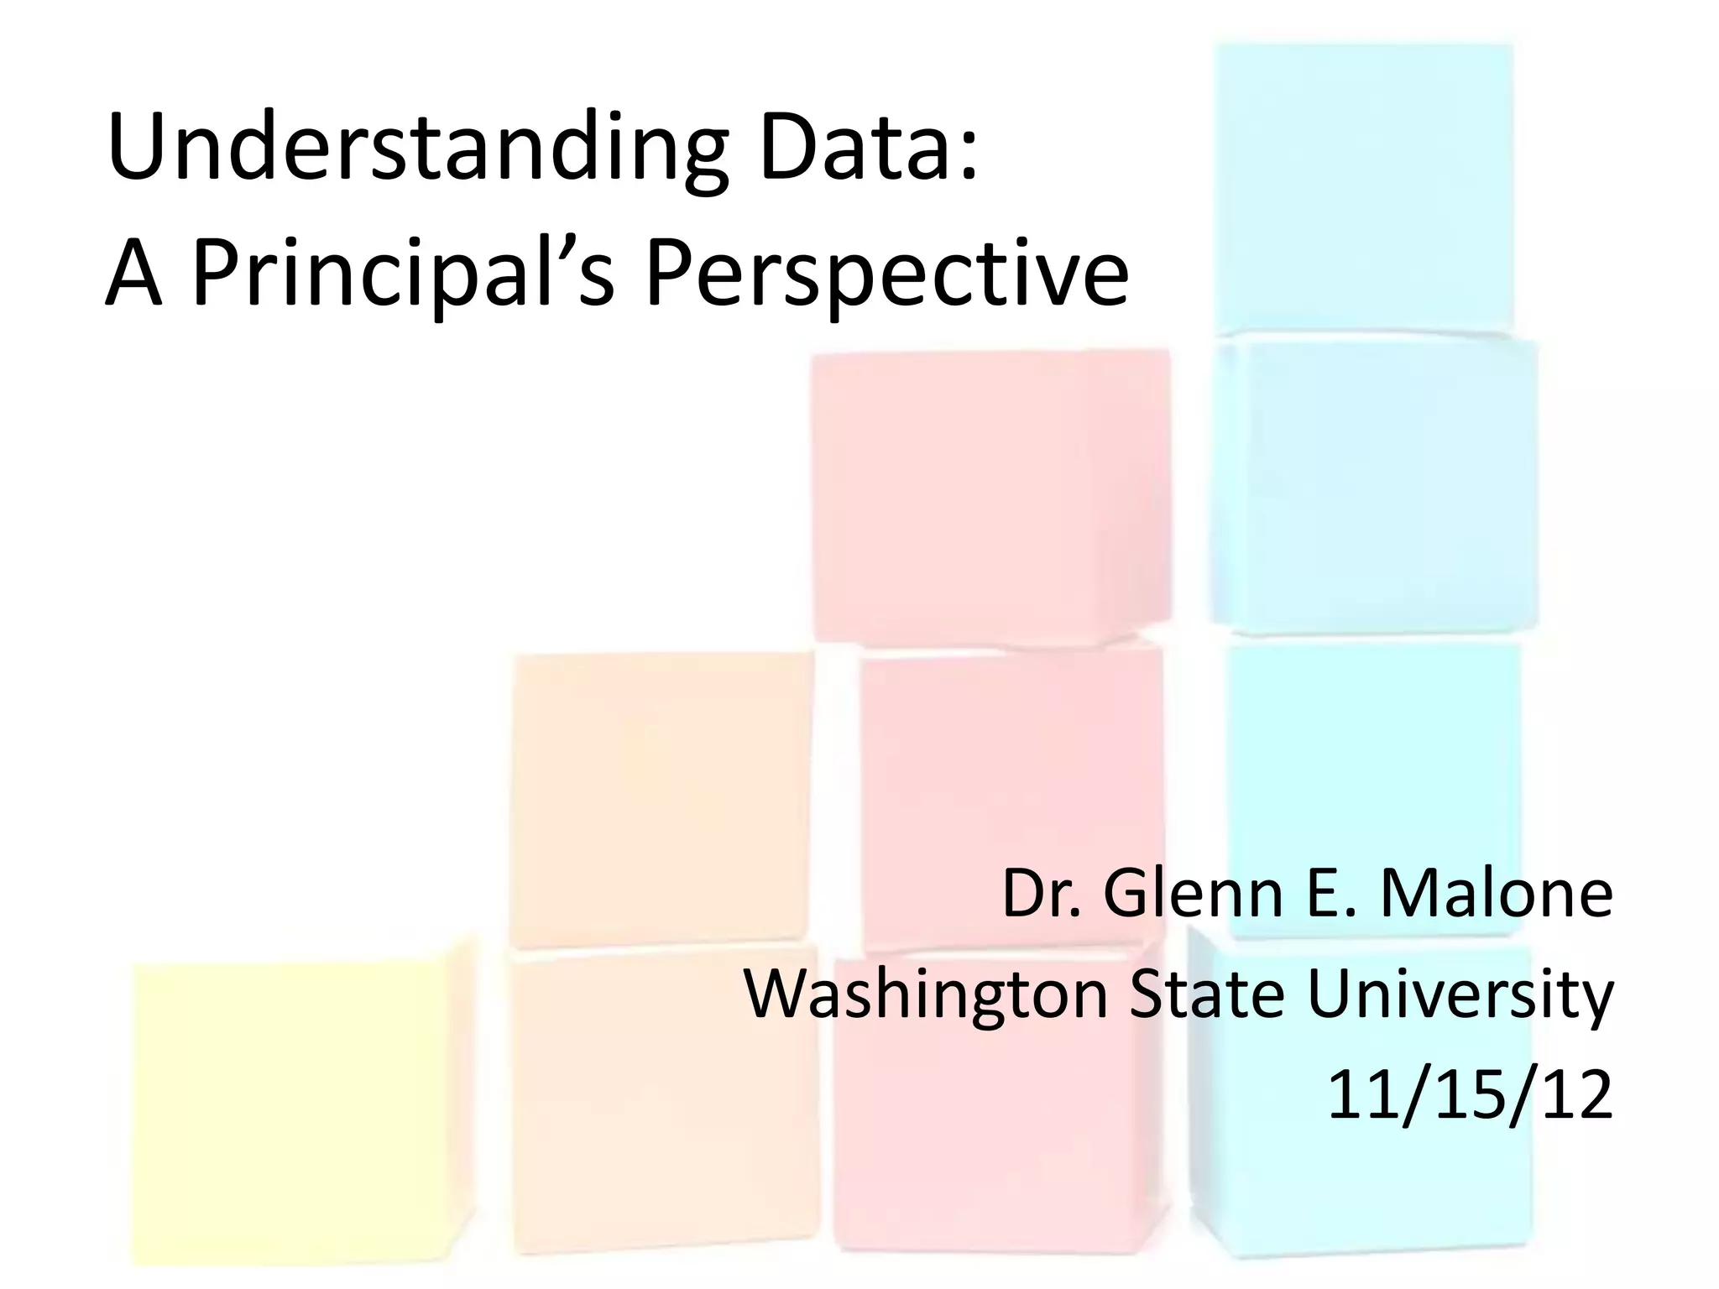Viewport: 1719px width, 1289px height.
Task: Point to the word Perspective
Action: tap(886, 277)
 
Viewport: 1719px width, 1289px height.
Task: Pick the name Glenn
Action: tap(1192, 895)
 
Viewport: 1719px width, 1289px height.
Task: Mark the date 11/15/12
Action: tap(1470, 1095)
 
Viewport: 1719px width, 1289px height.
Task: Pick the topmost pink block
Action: tap(990, 495)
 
